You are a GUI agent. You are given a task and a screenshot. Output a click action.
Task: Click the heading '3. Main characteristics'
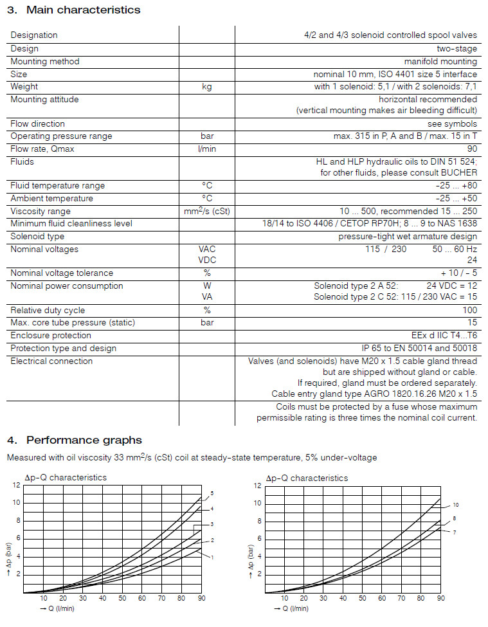(73, 10)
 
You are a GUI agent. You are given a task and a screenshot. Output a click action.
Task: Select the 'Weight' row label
(24, 87)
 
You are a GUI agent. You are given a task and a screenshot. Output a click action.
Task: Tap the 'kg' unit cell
(206, 87)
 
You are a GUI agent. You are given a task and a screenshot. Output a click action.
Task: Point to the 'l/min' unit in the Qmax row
(206, 149)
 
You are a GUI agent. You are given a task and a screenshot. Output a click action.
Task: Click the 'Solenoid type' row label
(38, 237)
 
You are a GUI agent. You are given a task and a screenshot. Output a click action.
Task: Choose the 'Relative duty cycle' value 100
(470, 310)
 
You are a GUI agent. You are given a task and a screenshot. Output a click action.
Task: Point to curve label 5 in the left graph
(212, 494)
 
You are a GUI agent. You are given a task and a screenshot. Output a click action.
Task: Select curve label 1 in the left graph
(212, 557)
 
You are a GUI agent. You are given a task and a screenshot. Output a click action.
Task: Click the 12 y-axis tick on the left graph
(17, 485)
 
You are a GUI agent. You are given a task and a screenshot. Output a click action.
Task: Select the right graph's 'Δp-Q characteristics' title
(307, 478)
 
